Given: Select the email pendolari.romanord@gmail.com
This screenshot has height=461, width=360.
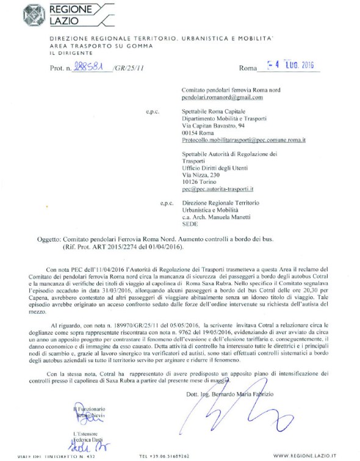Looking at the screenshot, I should click(221, 97).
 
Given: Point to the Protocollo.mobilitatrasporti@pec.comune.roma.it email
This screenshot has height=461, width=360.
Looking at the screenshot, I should click(244, 140).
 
